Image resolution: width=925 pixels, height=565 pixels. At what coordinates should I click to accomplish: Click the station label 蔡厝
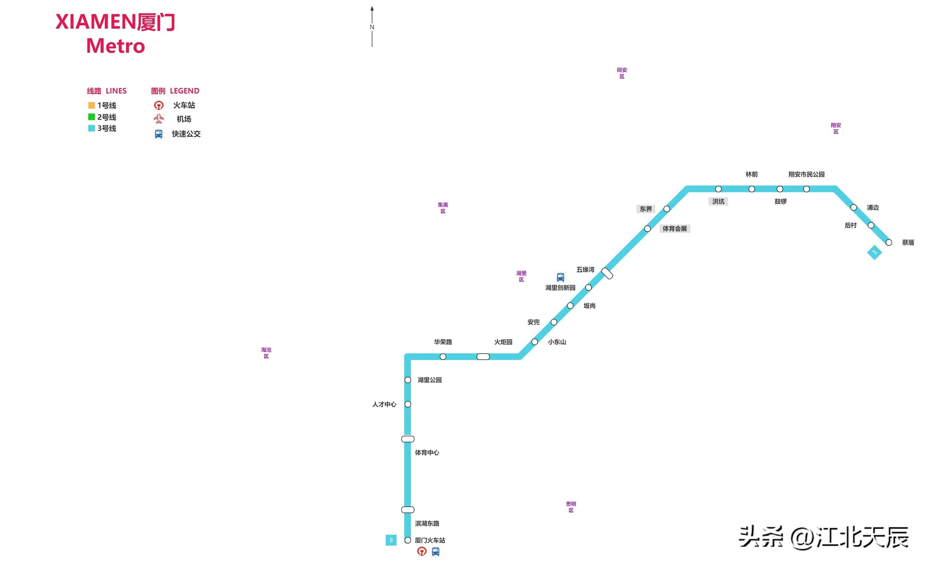pos(908,242)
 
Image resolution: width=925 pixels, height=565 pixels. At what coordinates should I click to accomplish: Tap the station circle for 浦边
pos(853,208)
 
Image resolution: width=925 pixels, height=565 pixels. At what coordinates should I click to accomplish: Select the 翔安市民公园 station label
pos(806,174)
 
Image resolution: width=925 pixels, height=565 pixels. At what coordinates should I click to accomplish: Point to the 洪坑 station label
pos(718,202)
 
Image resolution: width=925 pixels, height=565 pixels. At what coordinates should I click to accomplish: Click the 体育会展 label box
pos(674,229)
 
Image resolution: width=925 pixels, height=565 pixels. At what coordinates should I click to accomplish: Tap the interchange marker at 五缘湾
pos(607,273)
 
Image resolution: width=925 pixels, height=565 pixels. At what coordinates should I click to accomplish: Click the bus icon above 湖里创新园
pos(560,277)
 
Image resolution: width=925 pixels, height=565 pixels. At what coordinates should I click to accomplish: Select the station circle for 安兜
pos(554,322)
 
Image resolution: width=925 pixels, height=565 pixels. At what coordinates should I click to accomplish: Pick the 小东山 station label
pos(557,342)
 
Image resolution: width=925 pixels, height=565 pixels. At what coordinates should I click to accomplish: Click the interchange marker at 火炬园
pos(483,357)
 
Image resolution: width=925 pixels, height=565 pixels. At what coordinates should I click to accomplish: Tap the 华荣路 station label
pos(443,342)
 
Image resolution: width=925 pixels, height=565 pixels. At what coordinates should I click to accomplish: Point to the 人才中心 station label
pos(384,404)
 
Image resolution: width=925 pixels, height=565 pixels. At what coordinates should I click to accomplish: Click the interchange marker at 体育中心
pos(408,439)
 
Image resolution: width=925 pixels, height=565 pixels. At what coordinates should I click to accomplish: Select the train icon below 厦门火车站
pos(422,551)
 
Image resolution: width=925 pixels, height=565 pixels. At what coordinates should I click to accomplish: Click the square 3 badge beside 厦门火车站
pos(391,540)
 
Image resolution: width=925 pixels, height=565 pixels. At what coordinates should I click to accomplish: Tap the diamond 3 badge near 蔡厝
pos(874,252)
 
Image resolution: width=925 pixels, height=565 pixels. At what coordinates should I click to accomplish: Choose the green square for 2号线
pos(91,117)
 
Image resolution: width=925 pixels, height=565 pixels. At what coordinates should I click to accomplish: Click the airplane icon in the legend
pos(159,119)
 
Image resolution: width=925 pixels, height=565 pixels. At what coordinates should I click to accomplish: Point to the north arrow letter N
pos(372,27)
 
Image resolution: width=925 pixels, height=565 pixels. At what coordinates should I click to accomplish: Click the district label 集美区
pos(443,208)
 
